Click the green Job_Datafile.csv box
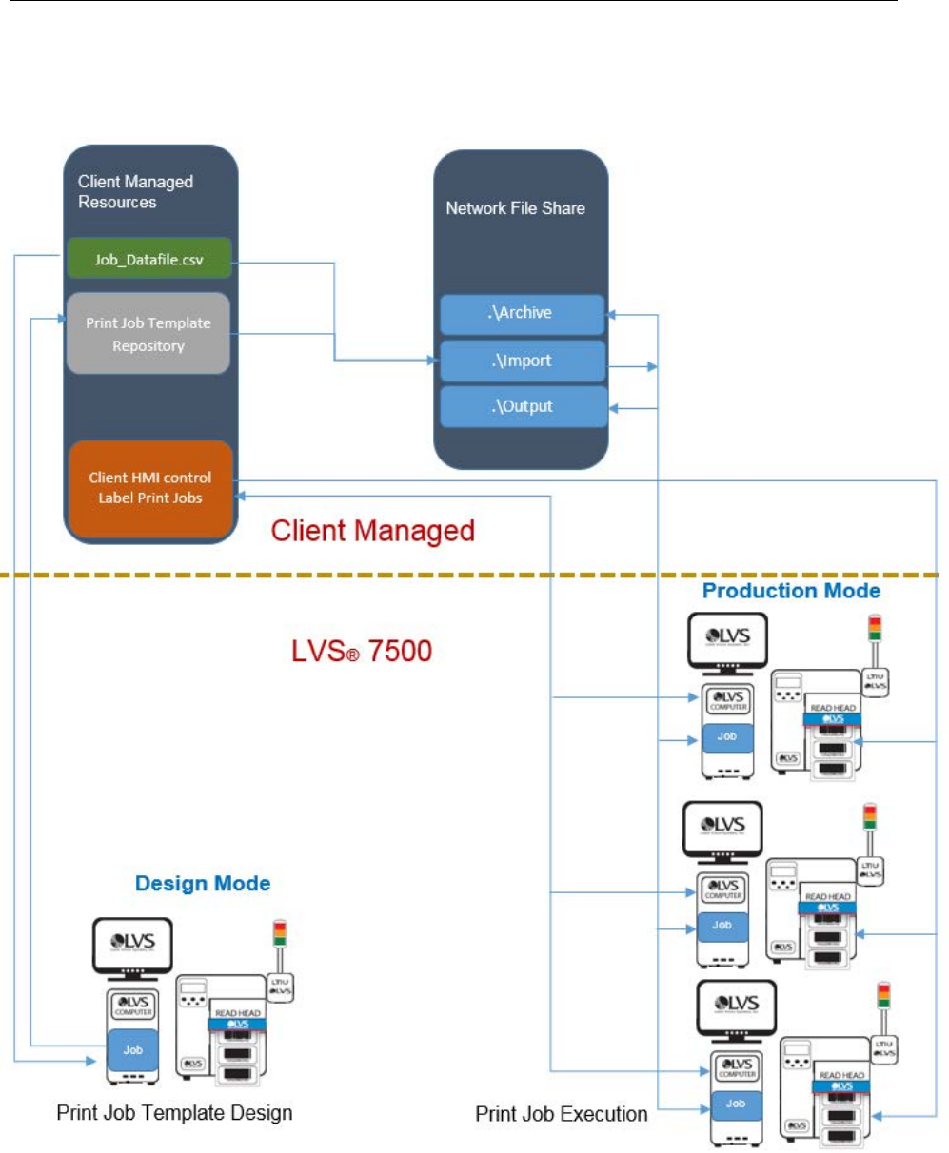[x=148, y=259]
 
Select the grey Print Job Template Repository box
[x=148, y=334]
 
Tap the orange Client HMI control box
[x=150, y=488]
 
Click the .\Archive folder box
[x=522, y=313]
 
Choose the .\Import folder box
[x=522, y=362]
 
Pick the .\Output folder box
[x=522, y=406]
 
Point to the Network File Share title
[x=515, y=207]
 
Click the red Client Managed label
[x=372, y=531]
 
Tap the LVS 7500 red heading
[x=362, y=652]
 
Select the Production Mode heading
[x=791, y=591]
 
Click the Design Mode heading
[x=203, y=884]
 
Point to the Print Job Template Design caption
[x=174, y=1112]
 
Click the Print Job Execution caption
[x=562, y=1114]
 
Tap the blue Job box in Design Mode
[x=133, y=1050]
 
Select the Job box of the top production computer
[x=727, y=737]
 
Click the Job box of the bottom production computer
[x=736, y=1104]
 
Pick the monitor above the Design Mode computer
[x=132, y=946]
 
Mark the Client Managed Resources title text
[x=135, y=191]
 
